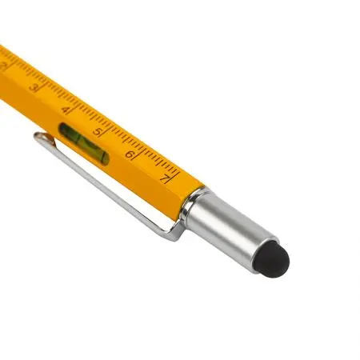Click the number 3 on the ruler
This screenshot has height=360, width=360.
[34, 87]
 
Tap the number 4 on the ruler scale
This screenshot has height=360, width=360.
[66, 110]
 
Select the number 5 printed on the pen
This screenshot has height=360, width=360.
[98, 132]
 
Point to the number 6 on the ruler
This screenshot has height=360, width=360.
[130, 154]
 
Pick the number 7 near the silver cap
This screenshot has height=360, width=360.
[165, 178]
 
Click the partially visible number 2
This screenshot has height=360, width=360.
[2, 66]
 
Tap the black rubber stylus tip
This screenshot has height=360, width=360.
[271, 259]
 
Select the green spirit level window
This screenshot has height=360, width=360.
[84, 143]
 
